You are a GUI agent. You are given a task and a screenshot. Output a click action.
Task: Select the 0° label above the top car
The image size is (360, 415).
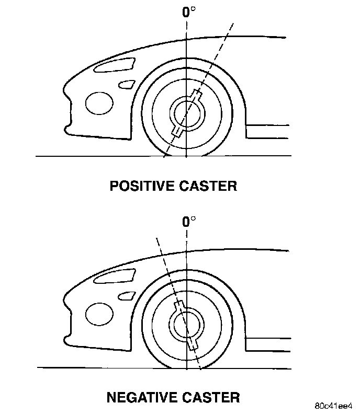click(188, 12)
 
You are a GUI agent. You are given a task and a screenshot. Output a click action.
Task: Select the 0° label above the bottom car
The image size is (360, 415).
click(188, 222)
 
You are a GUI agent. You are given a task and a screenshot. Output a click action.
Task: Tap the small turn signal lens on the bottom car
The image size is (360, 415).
click(126, 296)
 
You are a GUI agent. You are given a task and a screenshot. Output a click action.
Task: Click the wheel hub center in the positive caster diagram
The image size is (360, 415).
click(187, 113)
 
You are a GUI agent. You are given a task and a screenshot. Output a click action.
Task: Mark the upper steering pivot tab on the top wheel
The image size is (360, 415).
click(197, 95)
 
